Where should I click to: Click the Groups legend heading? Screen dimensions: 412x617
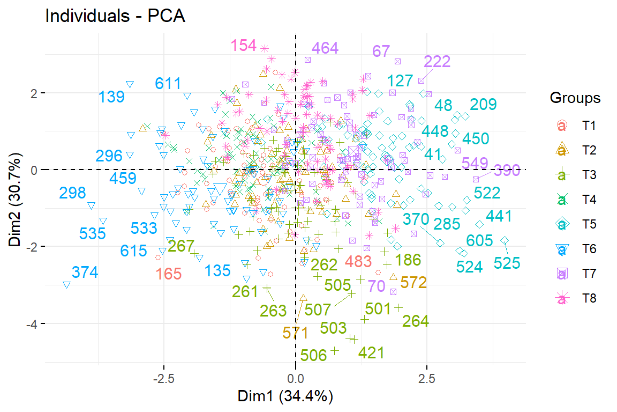[x=575, y=99]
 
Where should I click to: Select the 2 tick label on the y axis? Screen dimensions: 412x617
[x=33, y=93]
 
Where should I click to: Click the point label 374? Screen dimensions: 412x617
[x=85, y=273]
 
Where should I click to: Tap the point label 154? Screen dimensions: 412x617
[x=244, y=46]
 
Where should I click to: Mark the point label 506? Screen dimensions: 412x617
[x=314, y=355]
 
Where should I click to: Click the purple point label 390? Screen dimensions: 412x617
[x=507, y=171]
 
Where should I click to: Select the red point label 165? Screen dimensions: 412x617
[x=169, y=274]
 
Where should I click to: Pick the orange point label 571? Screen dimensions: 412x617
[x=296, y=333]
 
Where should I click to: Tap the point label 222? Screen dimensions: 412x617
[x=438, y=61]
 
